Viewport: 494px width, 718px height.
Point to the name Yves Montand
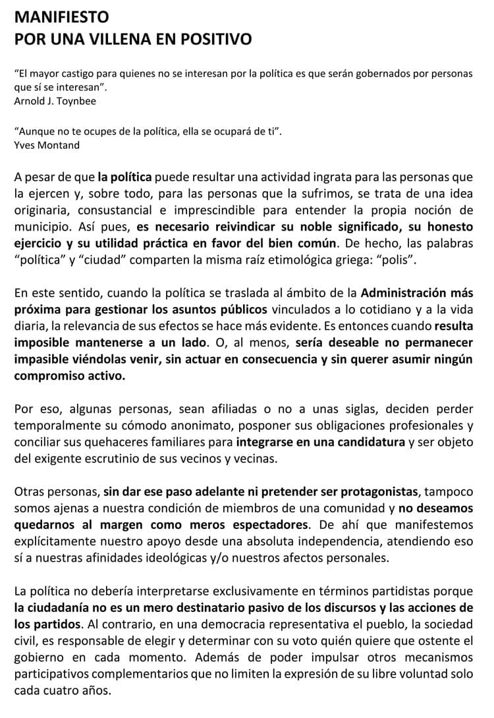point(46,145)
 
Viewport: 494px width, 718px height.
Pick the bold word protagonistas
point(362,492)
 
